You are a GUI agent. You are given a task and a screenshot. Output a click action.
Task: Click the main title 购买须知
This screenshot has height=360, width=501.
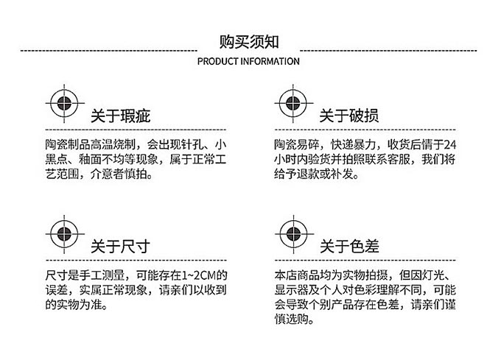249,42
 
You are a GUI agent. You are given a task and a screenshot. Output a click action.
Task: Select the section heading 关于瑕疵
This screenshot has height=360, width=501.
120,116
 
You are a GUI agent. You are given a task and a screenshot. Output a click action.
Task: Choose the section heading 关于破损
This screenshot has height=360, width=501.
349,116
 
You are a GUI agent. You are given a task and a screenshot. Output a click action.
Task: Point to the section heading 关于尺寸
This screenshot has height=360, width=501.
120,247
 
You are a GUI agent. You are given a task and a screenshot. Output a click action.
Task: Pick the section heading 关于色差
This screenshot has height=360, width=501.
349,247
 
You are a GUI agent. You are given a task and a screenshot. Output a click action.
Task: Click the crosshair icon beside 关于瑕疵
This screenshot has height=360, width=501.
65,103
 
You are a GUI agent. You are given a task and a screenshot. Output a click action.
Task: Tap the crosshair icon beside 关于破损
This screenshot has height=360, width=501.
293,103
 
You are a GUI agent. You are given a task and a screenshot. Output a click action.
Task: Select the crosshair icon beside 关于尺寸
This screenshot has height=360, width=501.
65,234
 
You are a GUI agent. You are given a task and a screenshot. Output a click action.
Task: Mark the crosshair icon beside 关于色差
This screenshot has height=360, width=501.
294,234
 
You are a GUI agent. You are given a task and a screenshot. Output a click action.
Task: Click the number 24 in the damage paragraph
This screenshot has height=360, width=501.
450,144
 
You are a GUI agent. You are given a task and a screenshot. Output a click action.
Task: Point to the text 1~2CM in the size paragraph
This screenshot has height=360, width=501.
199,275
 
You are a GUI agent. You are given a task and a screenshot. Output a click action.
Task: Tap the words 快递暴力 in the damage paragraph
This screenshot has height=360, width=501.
353,144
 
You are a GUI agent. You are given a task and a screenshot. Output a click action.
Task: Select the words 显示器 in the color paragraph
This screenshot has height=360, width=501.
292,290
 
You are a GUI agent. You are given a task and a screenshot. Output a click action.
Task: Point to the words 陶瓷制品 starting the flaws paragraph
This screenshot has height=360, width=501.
68,144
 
